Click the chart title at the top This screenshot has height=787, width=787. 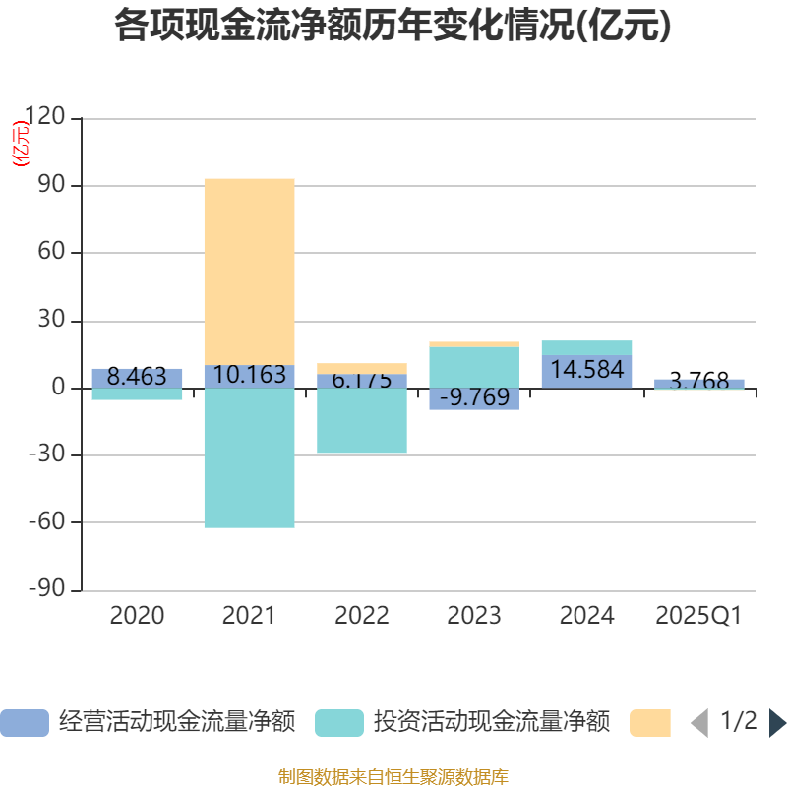coord(393,27)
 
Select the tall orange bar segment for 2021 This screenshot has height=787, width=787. coord(249,271)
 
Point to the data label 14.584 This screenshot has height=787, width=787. coord(586,371)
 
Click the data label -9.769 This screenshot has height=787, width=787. coord(474,397)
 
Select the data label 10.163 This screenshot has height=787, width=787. coord(249,375)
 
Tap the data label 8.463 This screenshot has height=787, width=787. coord(137,377)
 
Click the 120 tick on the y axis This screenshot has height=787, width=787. coord(45,118)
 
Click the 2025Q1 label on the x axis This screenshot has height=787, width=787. coord(698,616)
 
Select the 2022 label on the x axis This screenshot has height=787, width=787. coord(361,616)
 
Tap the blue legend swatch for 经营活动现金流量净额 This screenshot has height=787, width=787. coord(25,723)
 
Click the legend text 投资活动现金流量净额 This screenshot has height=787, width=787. coord(491,722)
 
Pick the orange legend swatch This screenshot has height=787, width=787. coord(650,723)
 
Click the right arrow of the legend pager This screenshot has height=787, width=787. coord(777,723)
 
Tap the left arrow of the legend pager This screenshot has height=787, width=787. coord(698,723)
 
